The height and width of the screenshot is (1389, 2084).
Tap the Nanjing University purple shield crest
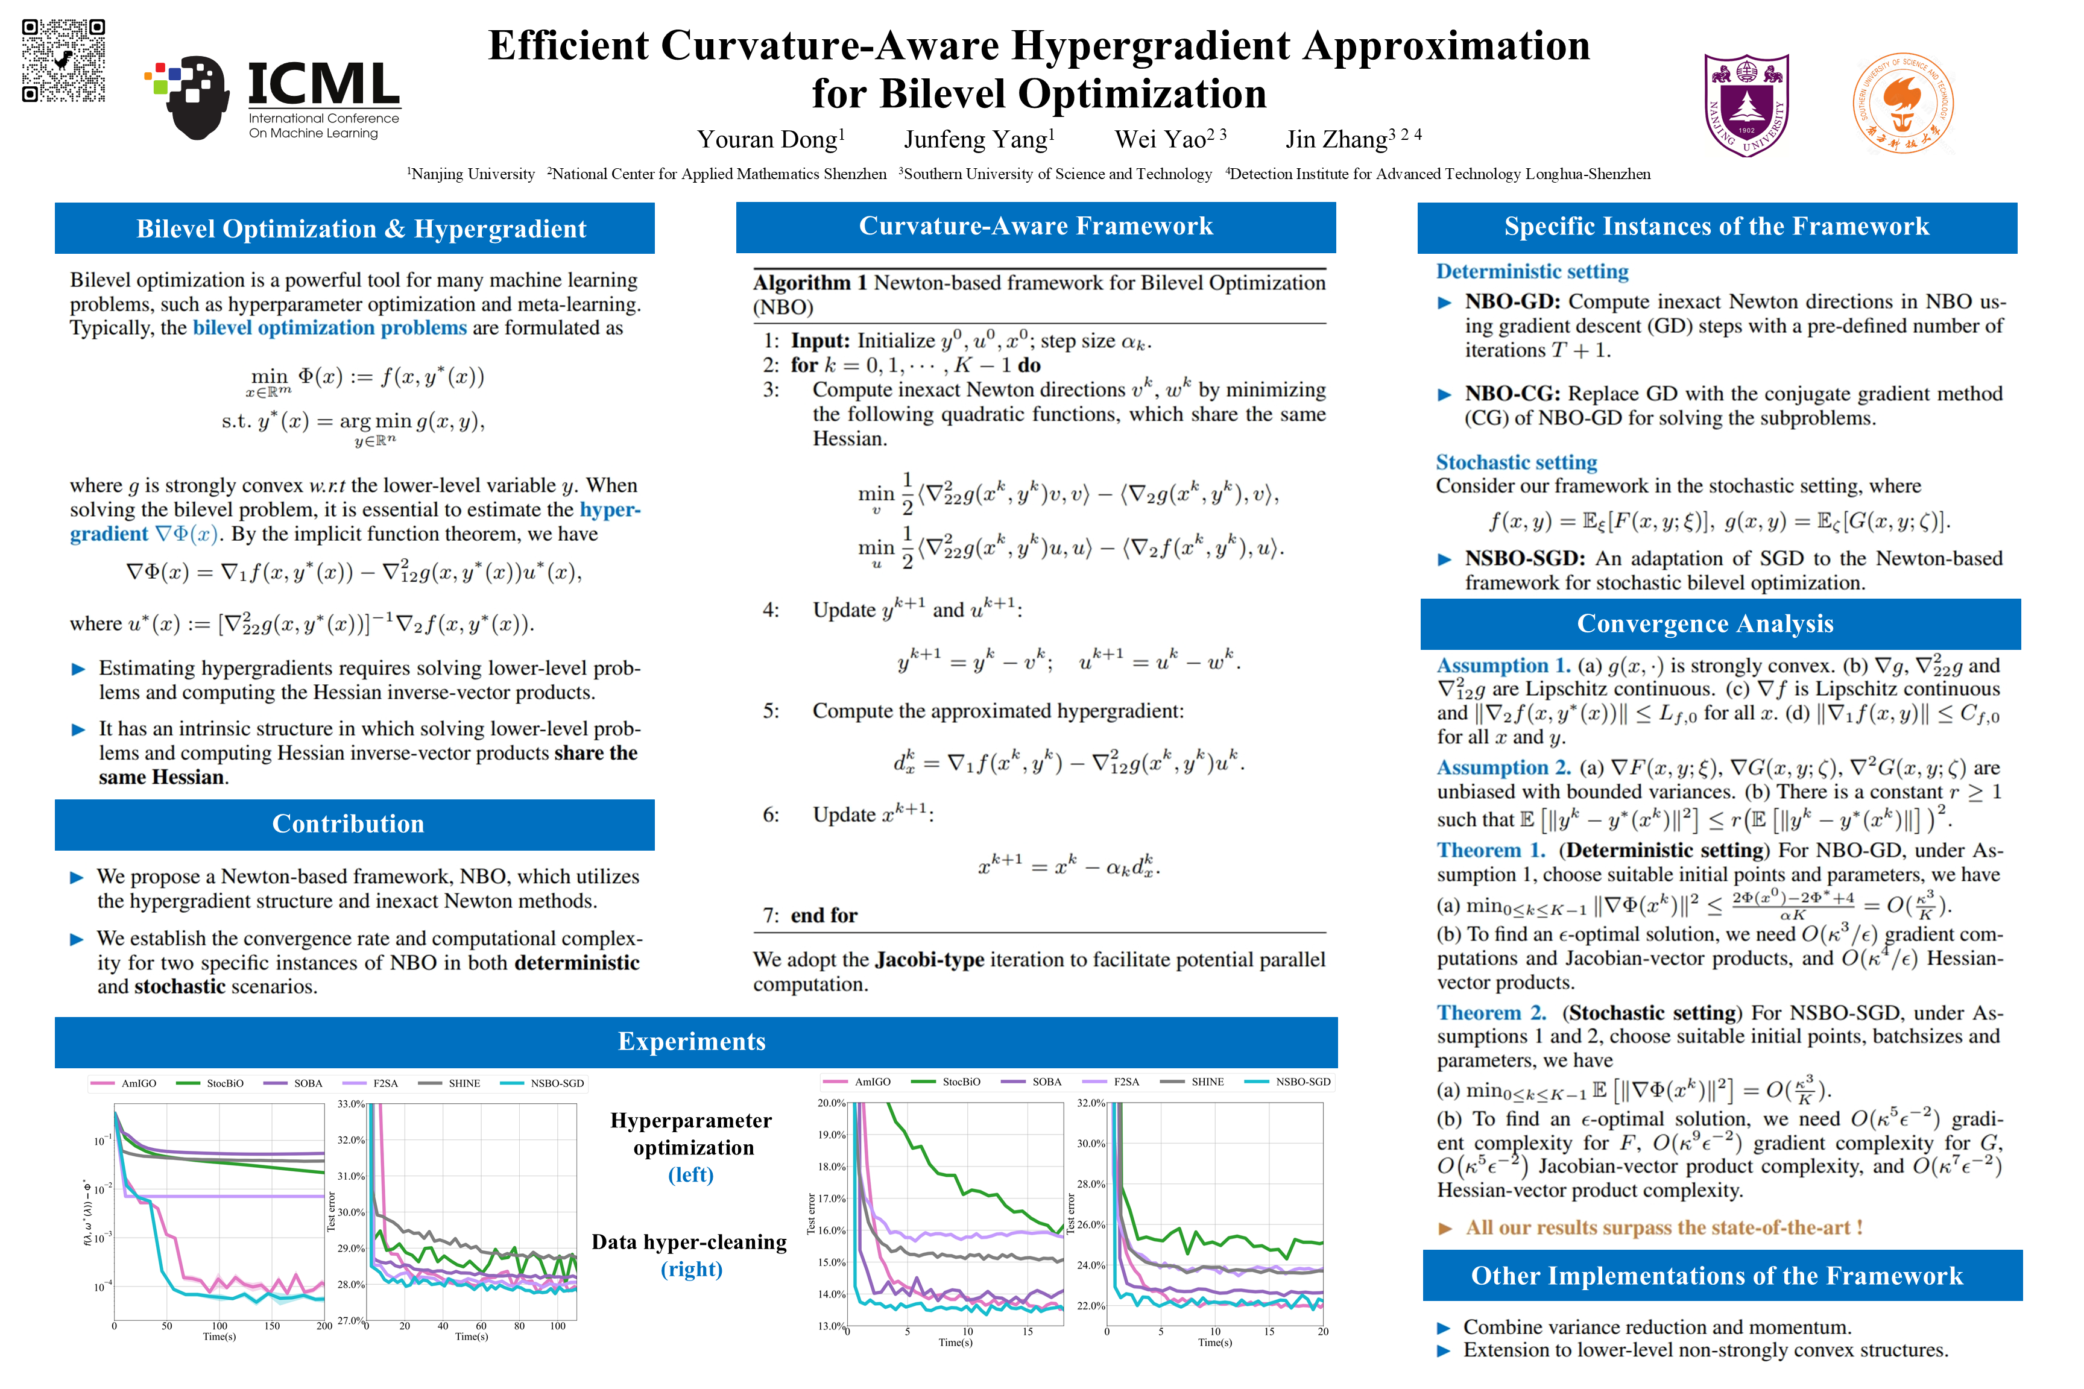[1746, 104]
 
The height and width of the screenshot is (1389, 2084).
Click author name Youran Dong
[770, 139]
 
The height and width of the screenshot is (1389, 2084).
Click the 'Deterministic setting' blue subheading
[1532, 271]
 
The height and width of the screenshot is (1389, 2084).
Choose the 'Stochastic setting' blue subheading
[1516, 462]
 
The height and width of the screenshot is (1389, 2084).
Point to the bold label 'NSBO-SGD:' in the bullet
[1524, 558]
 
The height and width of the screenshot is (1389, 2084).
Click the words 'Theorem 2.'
[1491, 1013]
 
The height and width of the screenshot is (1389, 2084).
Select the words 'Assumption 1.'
[1503, 666]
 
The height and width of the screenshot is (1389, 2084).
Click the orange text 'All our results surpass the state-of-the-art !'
[1663, 1227]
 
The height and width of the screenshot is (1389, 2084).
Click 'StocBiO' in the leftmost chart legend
[225, 1083]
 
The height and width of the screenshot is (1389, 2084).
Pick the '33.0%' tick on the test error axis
[351, 1104]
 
